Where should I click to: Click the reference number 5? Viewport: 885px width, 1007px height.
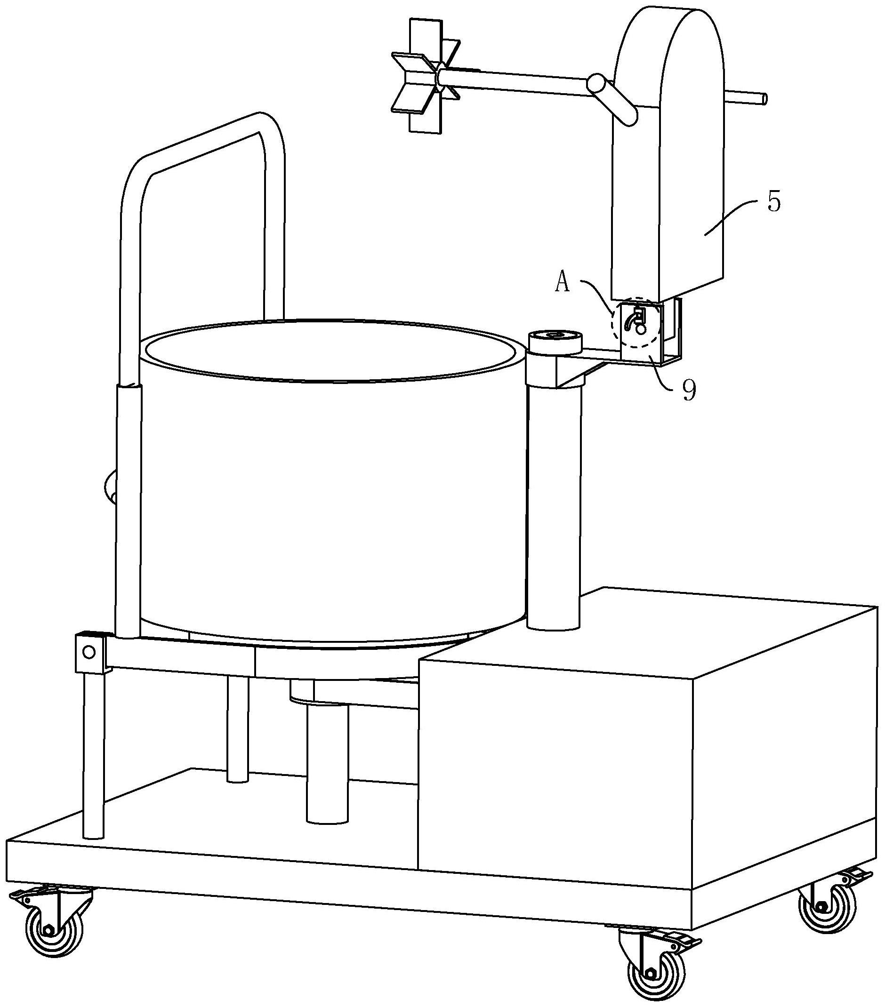coord(774,202)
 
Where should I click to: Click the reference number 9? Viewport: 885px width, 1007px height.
coord(689,391)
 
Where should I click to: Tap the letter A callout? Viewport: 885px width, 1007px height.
coord(562,283)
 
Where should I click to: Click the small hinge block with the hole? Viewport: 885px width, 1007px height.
coord(90,653)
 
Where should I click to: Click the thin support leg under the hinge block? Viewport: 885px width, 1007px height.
coord(94,754)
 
